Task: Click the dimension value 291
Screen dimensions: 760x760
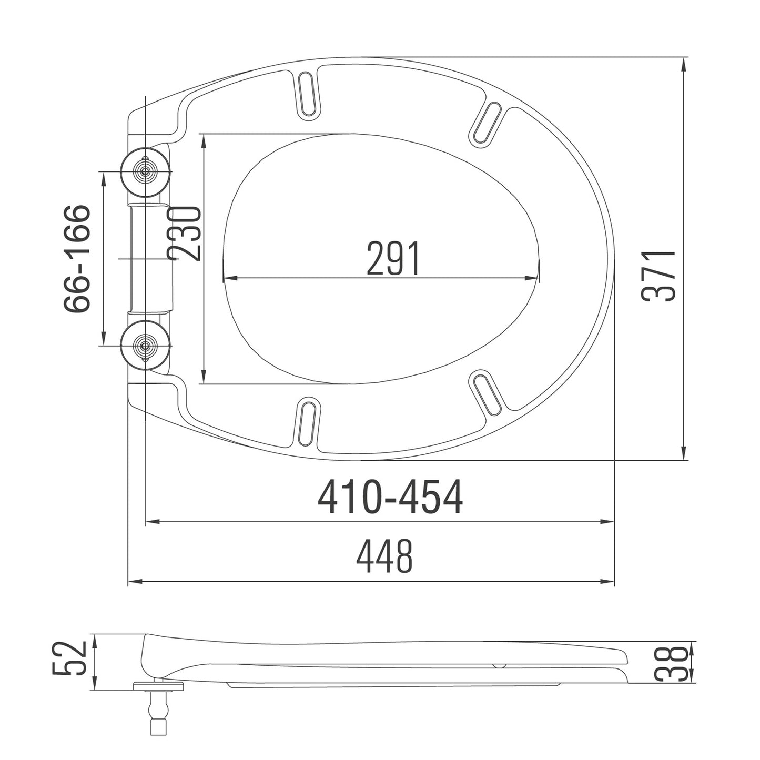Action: (393, 259)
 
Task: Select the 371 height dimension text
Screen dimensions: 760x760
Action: (658, 276)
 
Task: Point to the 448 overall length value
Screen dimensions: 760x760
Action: (384, 558)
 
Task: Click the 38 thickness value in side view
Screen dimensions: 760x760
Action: (672, 663)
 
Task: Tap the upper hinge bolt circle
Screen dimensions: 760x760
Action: (145, 170)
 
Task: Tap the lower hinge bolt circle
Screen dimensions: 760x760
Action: (145, 345)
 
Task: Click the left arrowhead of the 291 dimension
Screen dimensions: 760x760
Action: (228, 279)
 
